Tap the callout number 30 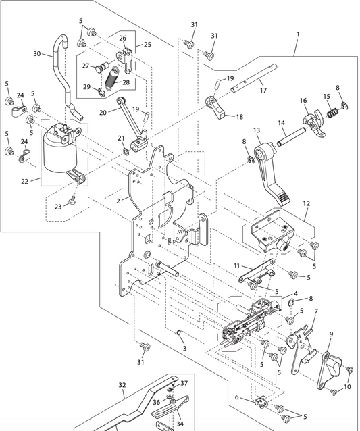pyautogui.click(x=37, y=54)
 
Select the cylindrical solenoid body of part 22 pyautogui.click(x=59, y=152)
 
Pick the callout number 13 pyautogui.click(x=257, y=130)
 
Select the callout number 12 pyautogui.click(x=306, y=203)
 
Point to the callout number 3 pyautogui.click(x=184, y=348)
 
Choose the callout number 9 pyautogui.click(x=331, y=334)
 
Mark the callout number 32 pyautogui.click(x=122, y=386)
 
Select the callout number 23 pyautogui.click(x=58, y=207)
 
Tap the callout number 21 pyautogui.click(x=122, y=138)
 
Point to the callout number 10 pyautogui.click(x=347, y=387)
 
